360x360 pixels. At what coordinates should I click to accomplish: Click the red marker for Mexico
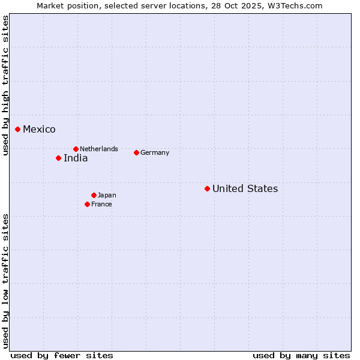point(18,129)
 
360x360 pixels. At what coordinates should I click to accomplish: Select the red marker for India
point(58,158)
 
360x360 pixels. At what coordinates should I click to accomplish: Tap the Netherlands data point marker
point(76,149)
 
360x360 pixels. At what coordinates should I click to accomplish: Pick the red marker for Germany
point(136,152)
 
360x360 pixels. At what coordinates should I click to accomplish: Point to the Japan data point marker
point(94,195)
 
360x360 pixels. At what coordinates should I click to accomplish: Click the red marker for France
point(87,204)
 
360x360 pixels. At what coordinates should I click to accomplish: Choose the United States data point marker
point(207,188)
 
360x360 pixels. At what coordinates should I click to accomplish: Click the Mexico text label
point(39,130)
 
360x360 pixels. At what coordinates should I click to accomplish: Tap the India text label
point(76,158)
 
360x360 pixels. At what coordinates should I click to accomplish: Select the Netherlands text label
point(99,149)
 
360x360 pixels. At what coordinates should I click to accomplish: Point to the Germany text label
point(155,152)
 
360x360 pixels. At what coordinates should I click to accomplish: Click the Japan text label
point(107,195)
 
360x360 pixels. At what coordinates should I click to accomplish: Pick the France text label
point(101,204)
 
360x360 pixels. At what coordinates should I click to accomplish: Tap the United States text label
point(245,189)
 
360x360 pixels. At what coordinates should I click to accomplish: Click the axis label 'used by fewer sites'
point(62,355)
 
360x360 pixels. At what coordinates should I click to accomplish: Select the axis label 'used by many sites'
point(301,355)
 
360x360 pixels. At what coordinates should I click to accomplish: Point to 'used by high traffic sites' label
point(5,85)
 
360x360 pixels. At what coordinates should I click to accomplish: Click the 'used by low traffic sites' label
point(5,281)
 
